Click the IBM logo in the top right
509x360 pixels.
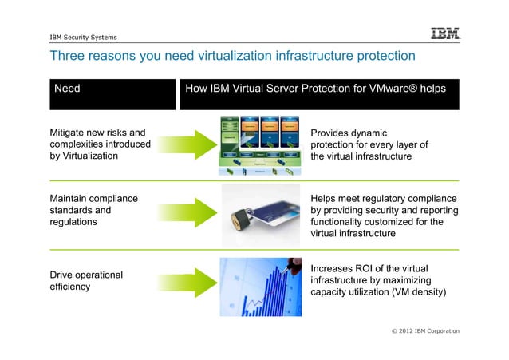click(445, 34)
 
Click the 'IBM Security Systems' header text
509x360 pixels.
click(83, 37)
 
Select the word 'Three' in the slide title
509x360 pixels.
click(67, 56)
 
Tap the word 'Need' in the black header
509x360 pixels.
click(67, 89)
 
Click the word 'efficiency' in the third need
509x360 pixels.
click(69, 287)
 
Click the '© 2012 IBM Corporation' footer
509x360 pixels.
click(422, 330)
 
